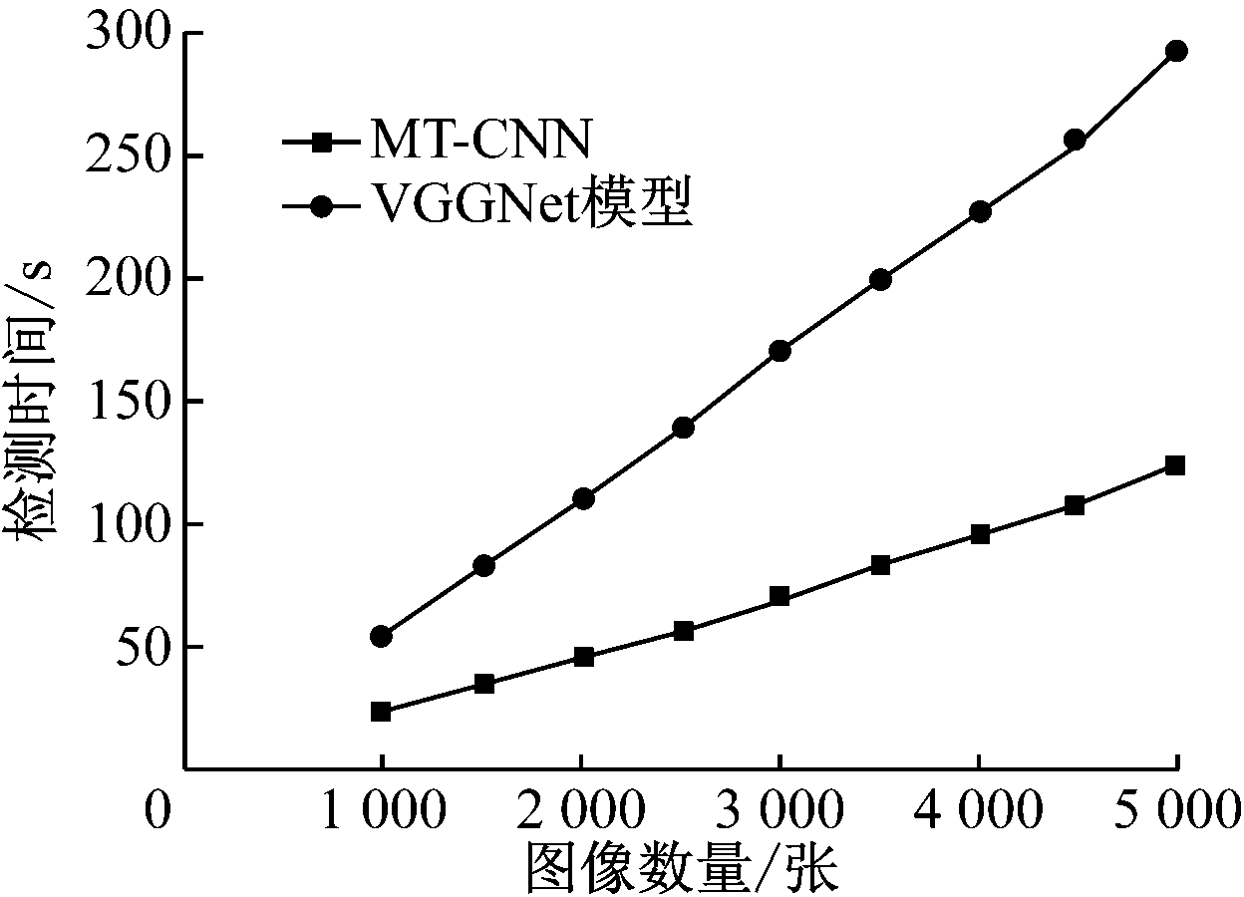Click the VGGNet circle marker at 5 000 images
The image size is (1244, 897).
[x=1176, y=51]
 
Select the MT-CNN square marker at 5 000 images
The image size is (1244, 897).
[x=1175, y=465]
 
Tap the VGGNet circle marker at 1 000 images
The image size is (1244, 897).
[x=381, y=636]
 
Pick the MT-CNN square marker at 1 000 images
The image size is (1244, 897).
[x=381, y=712]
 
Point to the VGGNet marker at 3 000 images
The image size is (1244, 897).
[x=779, y=351]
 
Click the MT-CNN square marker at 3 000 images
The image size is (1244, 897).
[x=779, y=597]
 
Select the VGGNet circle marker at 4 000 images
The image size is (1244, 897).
[x=980, y=211]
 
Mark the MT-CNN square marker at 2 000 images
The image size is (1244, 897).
[x=584, y=657]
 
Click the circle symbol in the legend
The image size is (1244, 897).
[x=321, y=207]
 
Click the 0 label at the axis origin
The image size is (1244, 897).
[x=156, y=811]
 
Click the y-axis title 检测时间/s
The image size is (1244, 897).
[x=36, y=399]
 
